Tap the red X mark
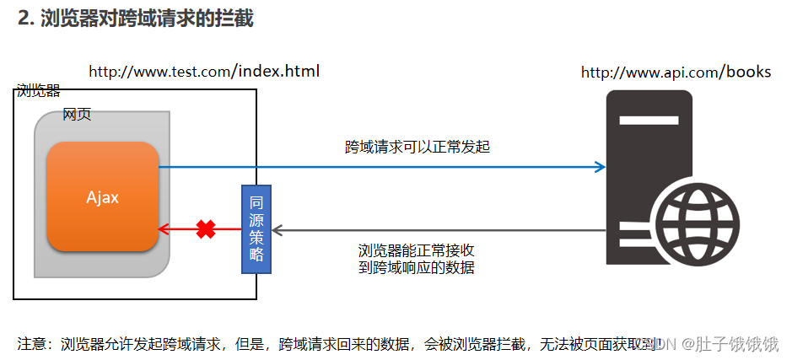click(x=205, y=228)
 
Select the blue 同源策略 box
click(x=257, y=228)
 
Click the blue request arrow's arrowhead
click(x=600, y=167)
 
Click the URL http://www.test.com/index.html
click(x=204, y=71)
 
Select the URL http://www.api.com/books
click(x=676, y=73)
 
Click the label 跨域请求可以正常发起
click(x=418, y=147)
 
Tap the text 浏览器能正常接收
click(x=417, y=251)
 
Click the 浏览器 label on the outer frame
click(x=39, y=91)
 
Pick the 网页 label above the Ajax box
click(x=77, y=115)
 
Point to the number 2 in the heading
click(x=24, y=19)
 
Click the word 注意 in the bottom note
click(x=31, y=343)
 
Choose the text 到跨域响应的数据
click(x=417, y=268)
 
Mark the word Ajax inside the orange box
click(x=103, y=197)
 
